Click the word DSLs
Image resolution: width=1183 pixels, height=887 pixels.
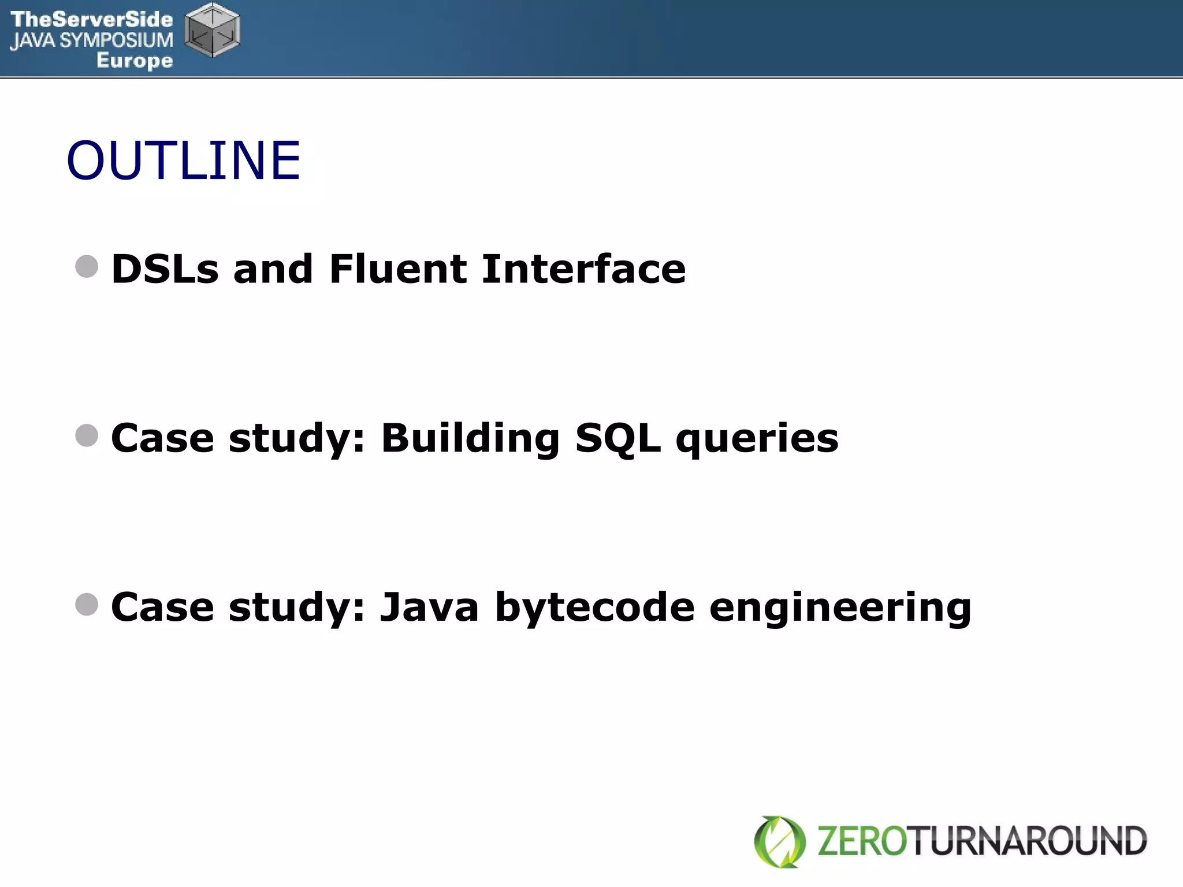click(165, 269)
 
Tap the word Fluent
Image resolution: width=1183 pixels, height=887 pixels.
click(398, 269)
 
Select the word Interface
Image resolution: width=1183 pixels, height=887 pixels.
click(583, 269)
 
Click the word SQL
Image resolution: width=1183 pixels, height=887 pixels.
click(617, 438)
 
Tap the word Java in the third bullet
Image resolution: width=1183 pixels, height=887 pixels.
click(429, 607)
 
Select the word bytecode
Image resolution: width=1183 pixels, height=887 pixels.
click(595, 608)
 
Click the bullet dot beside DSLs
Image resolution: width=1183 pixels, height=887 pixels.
click(87, 267)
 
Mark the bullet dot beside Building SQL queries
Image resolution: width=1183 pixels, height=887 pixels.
click(87, 435)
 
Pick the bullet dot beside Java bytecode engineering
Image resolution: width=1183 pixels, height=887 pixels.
click(87, 605)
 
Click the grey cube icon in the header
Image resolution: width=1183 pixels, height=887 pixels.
click(212, 30)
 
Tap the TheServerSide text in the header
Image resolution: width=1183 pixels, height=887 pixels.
click(91, 19)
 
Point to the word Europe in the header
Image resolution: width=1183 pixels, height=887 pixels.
click(135, 60)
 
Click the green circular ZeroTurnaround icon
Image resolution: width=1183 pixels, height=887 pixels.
click(779, 841)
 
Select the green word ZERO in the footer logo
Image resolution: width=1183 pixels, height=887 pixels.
click(862, 841)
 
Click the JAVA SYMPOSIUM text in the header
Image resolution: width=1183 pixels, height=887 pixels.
click(91, 40)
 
